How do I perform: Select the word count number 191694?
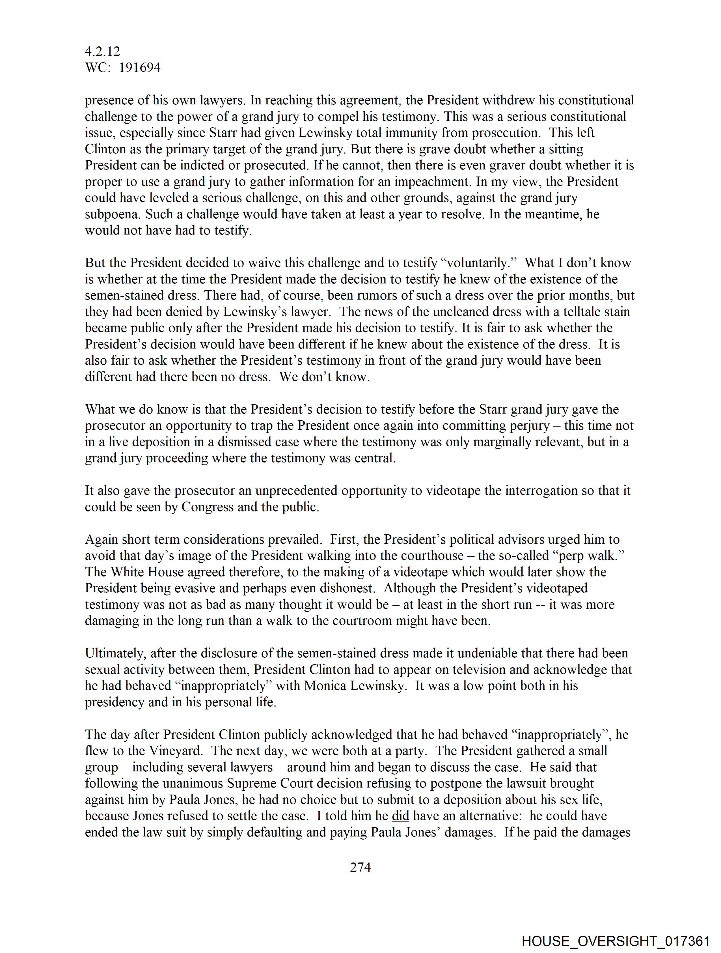pos(140,68)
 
